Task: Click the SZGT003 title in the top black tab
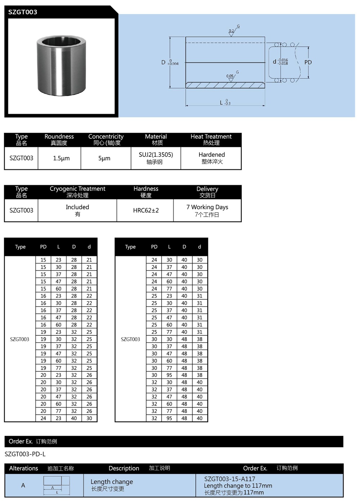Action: coord(23,12)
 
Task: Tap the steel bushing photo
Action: coord(61,65)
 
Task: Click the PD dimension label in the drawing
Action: coord(308,62)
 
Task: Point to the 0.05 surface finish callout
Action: coord(230,76)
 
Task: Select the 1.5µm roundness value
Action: coord(61,158)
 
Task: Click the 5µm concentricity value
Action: coord(104,158)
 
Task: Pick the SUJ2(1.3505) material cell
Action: coord(156,155)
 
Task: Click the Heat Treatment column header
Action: coord(211,137)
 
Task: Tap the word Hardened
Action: coord(212,155)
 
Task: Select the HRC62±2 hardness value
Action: coord(146,211)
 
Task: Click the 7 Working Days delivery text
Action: coord(207,207)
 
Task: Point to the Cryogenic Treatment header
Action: coord(77,189)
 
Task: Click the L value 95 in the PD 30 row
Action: coord(169,375)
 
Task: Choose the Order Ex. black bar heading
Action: coord(21,442)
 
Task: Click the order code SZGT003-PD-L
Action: coord(25,454)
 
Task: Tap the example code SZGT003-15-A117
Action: coord(230,479)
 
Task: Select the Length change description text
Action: coord(112,482)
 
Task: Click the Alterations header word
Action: coord(23,468)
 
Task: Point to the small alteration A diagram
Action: coord(57,485)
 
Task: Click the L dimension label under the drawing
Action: coord(222,103)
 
